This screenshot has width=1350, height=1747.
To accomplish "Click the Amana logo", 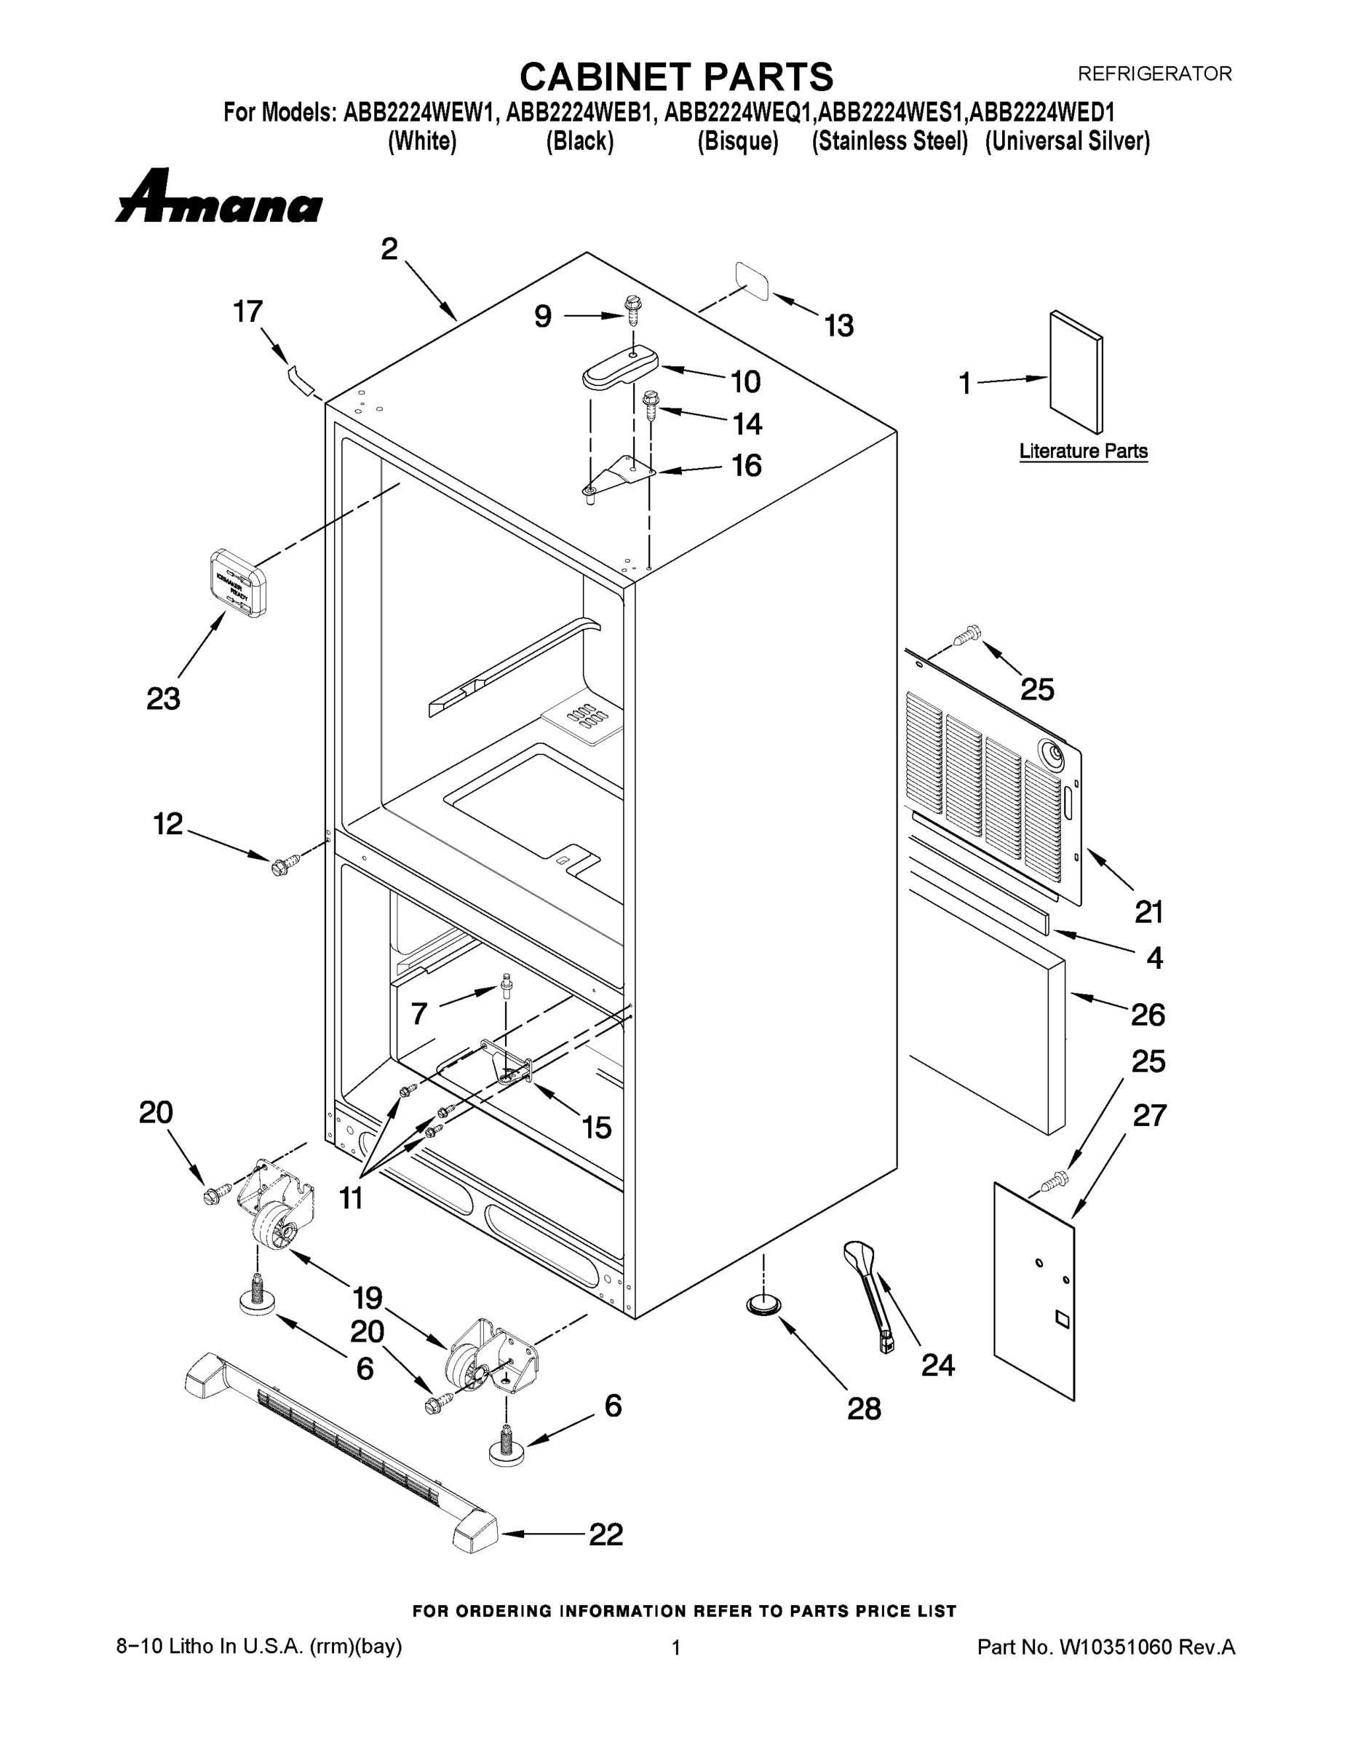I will (x=218, y=197).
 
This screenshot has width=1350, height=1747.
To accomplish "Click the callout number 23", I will (x=163, y=699).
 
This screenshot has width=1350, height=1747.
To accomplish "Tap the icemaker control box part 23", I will (x=237, y=583).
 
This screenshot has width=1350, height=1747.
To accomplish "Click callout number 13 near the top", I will (x=839, y=325).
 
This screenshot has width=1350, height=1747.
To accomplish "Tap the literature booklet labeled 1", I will (x=1075, y=372).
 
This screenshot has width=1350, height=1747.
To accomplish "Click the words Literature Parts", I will (x=1083, y=451).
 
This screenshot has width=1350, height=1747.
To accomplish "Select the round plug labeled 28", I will (x=763, y=1307).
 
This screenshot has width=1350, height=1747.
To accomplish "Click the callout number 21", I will (x=1148, y=912).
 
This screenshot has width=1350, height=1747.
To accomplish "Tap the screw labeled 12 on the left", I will (x=285, y=865).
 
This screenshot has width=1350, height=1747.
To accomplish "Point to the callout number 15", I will (x=597, y=1128).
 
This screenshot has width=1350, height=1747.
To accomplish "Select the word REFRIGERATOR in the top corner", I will (x=1154, y=74).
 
